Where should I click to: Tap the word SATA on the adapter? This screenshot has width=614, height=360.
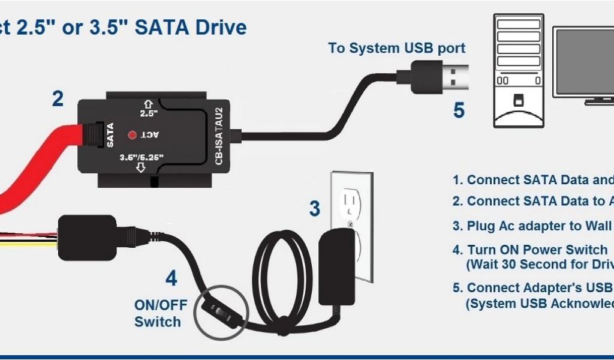click(110, 134)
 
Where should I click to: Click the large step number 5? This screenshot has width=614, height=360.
click(459, 110)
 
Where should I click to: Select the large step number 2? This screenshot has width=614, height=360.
click(58, 99)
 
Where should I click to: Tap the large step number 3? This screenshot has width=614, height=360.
click(314, 209)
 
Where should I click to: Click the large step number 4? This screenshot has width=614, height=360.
click(171, 278)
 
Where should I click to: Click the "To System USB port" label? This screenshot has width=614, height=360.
click(396, 49)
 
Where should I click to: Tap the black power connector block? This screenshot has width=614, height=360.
click(86, 237)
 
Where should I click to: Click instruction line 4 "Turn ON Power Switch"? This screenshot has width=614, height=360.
click(529, 250)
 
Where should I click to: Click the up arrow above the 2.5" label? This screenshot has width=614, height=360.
click(148, 102)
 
